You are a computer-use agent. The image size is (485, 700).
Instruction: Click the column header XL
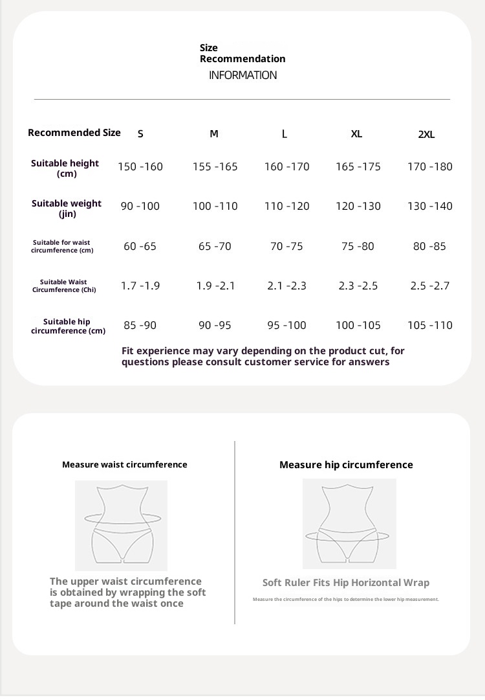coord(356,134)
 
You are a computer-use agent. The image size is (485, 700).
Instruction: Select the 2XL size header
coord(427,135)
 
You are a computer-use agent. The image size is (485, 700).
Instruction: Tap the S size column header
coord(140,134)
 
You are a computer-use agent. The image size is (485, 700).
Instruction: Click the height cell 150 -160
coord(140,166)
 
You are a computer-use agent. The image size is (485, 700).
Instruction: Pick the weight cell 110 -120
coord(286,206)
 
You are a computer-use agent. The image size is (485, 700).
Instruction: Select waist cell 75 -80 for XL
coord(358,246)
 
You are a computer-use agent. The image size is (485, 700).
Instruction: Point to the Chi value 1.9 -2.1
coord(215,286)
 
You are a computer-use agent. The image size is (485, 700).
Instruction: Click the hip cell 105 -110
coord(430,325)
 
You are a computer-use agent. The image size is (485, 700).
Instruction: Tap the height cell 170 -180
coord(430,166)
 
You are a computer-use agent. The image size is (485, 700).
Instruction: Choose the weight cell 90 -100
coord(140,206)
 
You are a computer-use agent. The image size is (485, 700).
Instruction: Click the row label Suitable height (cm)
coord(65,168)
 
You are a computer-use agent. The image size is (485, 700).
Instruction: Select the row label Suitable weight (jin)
coord(67,208)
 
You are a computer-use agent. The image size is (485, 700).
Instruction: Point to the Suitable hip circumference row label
coord(68,326)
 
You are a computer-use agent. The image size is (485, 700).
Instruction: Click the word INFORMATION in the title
coord(242,75)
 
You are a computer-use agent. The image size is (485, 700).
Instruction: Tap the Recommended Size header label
coord(74,133)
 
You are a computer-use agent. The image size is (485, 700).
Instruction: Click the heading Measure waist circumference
coord(125,464)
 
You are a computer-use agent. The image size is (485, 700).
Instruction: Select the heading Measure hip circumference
coord(346,465)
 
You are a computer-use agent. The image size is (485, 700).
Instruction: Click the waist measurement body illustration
coord(122,525)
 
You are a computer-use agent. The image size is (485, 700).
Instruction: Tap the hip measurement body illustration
coord(349,524)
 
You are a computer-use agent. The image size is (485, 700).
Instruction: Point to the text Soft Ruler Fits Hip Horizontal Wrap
coord(346,583)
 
